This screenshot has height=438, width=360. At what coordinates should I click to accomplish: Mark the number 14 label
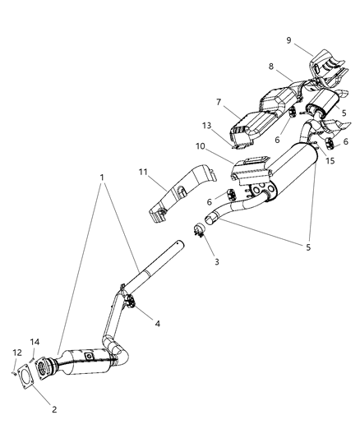pos(33,341)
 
